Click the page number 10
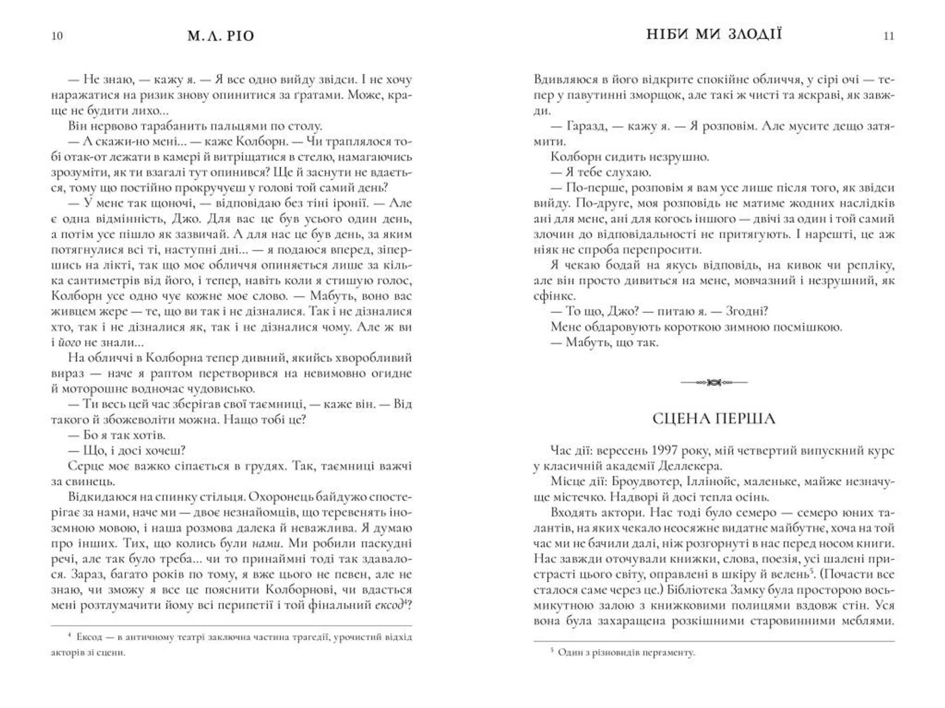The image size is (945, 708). click(57, 36)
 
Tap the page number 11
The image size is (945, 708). click(888, 36)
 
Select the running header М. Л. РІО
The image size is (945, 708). click(220, 36)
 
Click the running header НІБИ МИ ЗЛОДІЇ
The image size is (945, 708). click(714, 34)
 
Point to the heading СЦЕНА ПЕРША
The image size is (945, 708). click(714, 418)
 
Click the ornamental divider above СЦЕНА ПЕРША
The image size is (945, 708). click(714, 382)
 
